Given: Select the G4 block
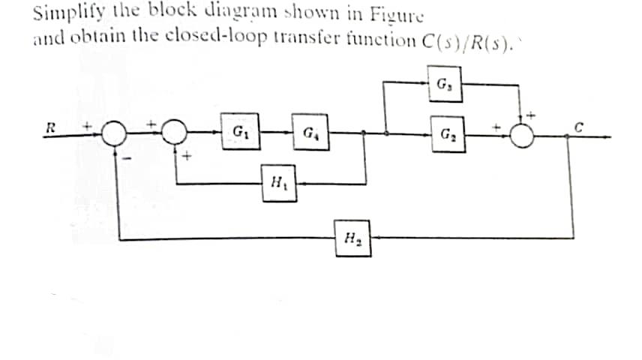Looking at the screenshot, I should (309, 136).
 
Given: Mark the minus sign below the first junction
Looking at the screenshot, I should (126, 157).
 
